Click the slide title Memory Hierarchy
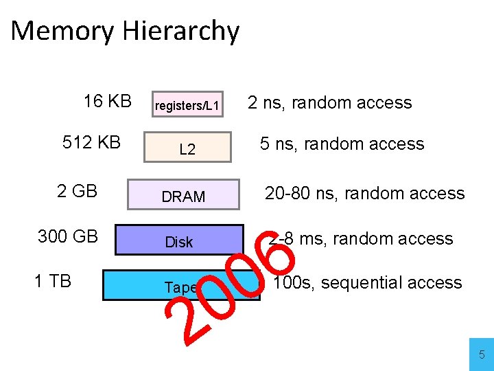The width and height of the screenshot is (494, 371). [x=125, y=32]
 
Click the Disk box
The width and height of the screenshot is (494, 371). [x=179, y=241]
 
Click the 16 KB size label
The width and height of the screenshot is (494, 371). [x=107, y=102]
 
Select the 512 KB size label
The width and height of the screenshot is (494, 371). [x=91, y=142]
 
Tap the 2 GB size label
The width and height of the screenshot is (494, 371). [x=77, y=190]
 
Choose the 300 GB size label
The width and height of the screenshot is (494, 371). [x=67, y=236]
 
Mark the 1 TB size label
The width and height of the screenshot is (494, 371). [x=53, y=280]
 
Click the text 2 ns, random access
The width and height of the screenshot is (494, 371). [x=329, y=103]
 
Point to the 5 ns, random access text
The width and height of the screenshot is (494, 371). [x=342, y=144]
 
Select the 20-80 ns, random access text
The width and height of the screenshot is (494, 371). [x=364, y=194]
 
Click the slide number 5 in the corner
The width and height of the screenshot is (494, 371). [x=481, y=355]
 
